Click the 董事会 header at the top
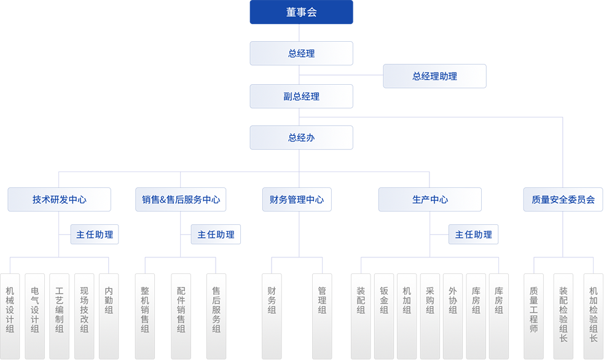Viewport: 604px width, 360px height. (x=301, y=13)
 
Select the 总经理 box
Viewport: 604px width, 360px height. (x=301, y=53)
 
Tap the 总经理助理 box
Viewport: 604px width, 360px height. (x=434, y=76)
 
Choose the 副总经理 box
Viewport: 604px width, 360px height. (x=301, y=96)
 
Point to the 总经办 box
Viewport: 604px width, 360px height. (x=301, y=138)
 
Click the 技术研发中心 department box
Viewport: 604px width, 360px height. (x=59, y=200)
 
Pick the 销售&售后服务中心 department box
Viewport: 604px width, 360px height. (x=181, y=200)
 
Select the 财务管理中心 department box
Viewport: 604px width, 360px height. (x=297, y=200)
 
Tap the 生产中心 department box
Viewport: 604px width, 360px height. (x=429, y=200)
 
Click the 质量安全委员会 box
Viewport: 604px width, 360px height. (x=563, y=200)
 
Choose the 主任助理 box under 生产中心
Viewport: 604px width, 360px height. (x=474, y=235)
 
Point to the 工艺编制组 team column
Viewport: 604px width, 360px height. (x=59, y=310)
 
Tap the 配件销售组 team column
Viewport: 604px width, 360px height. (x=181, y=310)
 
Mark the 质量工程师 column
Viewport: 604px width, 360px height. (x=533, y=310)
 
